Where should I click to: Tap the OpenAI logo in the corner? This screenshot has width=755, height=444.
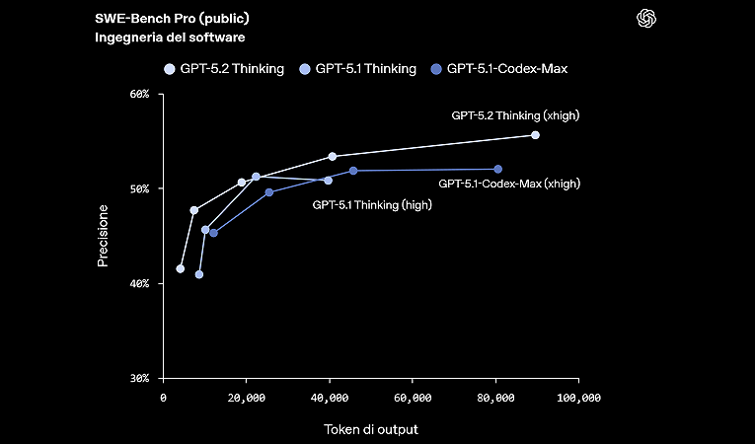click(647, 19)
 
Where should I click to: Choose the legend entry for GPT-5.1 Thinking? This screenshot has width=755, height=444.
click(365, 69)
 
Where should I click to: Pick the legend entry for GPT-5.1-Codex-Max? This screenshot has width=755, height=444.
click(506, 69)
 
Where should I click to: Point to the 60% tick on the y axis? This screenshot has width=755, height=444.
click(138, 95)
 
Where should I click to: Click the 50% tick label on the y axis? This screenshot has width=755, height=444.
click(138, 189)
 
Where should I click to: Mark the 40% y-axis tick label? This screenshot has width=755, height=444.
click(138, 284)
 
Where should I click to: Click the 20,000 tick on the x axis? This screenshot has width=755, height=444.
click(246, 399)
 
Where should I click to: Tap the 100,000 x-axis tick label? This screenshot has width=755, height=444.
click(578, 399)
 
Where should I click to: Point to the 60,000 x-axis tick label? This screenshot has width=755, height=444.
click(412, 399)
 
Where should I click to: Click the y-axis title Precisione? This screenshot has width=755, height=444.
click(103, 237)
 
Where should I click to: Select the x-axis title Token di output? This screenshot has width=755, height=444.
click(370, 430)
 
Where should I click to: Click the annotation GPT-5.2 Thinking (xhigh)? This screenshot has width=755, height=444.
click(515, 115)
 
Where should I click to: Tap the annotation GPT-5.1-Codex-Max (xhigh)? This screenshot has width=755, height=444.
click(508, 184)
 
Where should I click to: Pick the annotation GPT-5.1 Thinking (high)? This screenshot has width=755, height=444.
click(372, 205)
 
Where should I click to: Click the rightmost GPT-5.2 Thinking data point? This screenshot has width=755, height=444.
click(535, 135)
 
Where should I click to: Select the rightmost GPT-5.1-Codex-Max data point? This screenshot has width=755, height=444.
click(497, 170)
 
